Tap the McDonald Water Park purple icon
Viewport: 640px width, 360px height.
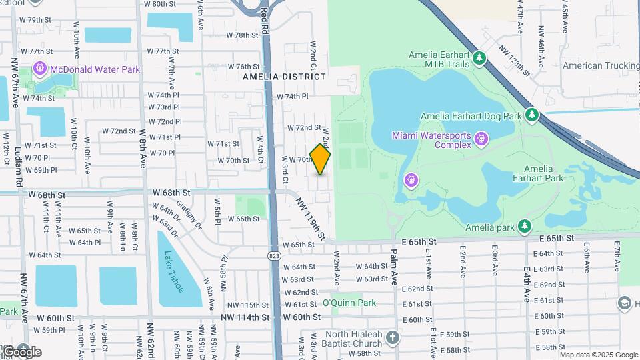[40, 69]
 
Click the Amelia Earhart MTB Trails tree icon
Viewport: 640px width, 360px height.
[479, 59]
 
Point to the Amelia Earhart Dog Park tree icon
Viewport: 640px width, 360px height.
[531, 116]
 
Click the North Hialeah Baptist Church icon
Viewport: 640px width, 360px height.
[393, 339]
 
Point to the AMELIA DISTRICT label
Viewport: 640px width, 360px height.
[285, 77]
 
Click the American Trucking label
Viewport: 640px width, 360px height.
[601, 65]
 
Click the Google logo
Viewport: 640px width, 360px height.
[21, 352]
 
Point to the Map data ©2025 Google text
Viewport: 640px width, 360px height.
[598, 355]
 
